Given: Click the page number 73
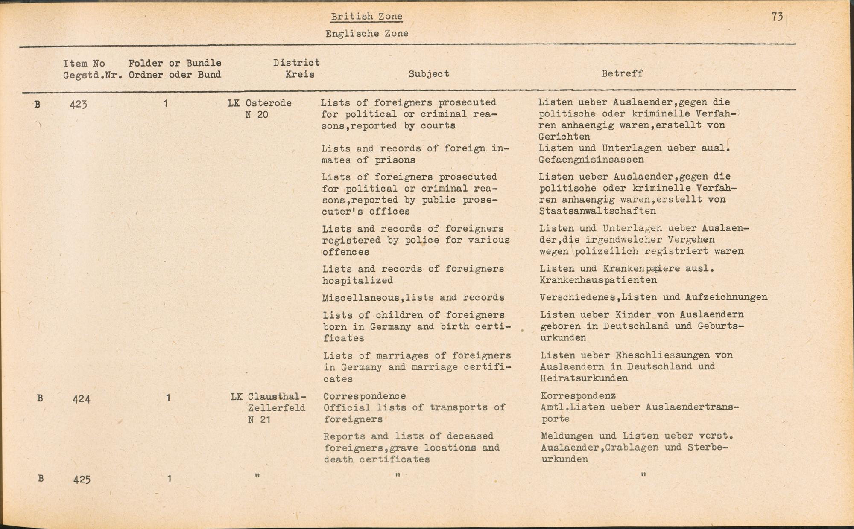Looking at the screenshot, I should click(777, 17).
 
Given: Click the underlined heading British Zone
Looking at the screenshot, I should click(366, 17).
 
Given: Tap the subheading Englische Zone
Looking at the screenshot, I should click(366, 33).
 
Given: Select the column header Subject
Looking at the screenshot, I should click(429, 74).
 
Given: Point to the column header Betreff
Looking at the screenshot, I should click(622, 73).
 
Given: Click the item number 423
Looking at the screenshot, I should click(79, 104).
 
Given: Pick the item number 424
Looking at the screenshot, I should click(81, 399).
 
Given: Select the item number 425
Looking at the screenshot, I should click(82, 480).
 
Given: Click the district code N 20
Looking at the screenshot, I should click(257, 115).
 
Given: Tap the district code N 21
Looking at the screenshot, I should click(259, 419).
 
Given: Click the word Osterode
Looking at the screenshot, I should click(268, 103).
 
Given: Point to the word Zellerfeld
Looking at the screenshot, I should click(276, 408).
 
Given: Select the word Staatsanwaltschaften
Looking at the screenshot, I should click(597, 211).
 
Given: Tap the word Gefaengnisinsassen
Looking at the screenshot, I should click(591, 160).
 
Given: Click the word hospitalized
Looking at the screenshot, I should click(357, 281).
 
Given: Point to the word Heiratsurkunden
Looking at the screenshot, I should click(584, 378).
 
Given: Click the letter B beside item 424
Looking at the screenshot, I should click(40, 398).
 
